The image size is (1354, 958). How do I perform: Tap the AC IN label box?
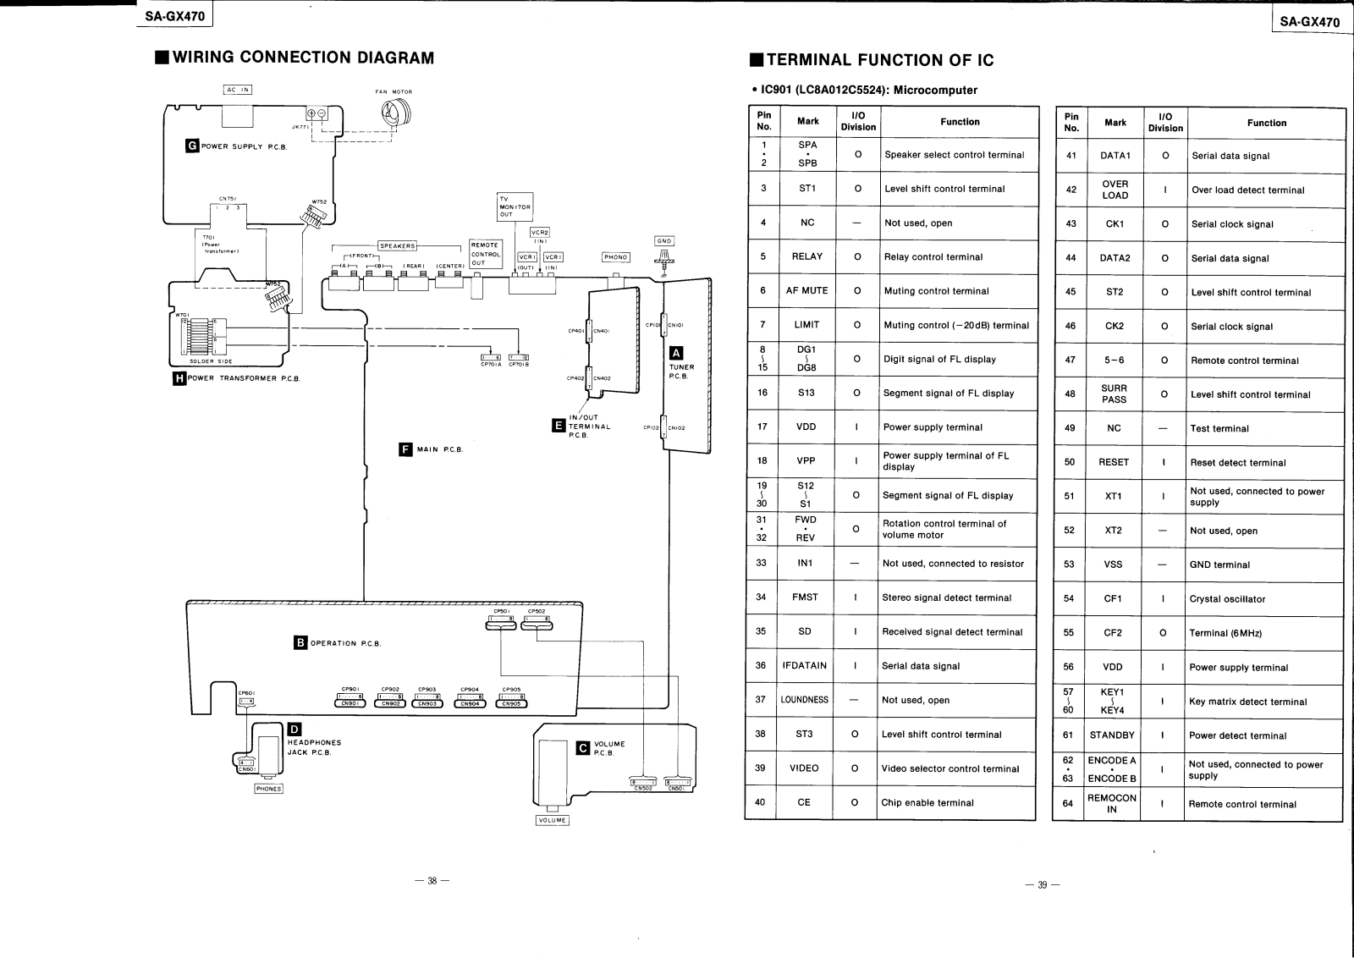(x=238, y=90)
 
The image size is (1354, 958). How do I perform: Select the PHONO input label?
(x=615, y=257)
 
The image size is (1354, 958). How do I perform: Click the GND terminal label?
(x=663, y=241)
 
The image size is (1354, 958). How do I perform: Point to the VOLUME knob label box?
(x=553, y=820)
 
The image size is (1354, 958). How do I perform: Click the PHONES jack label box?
(x=268, y=789)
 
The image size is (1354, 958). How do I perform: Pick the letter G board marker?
(x=192, y=146)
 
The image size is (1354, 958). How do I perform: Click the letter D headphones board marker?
(x=294, y=730)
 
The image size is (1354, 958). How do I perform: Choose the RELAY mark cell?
(x=806, y=257)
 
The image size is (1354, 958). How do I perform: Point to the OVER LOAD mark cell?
(x=1115, y=190)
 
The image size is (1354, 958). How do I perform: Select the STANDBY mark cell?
(x=1112, y=735)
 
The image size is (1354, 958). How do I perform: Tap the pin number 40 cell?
(x=760, y=802)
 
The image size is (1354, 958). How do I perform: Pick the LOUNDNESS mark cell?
(x=805, y=700)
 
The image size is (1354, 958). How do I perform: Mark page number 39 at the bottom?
(x=1042, y=885)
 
